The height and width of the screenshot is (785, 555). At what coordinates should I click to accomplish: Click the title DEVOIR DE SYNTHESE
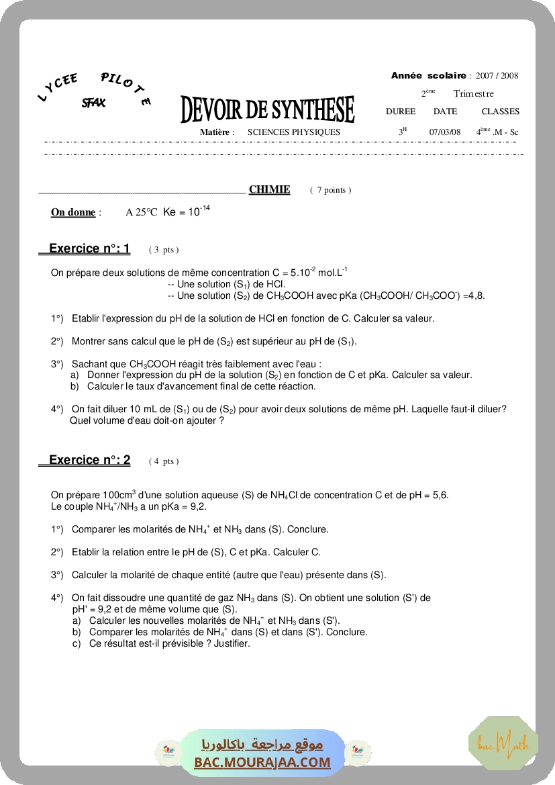click(267, 110)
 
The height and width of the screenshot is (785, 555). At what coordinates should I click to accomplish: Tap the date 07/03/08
click(445, 132)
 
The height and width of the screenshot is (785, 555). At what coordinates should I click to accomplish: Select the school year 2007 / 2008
click(497, 76)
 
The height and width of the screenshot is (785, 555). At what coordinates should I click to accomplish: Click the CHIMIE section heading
click(269, 189)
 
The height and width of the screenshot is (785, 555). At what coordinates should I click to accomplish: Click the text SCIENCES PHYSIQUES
click(293, 132)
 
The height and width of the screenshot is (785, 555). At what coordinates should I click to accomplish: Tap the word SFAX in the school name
click(93, 103)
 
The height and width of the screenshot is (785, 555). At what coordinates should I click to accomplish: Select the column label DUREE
click(401, 111)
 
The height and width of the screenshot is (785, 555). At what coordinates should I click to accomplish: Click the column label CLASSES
click(500, 111)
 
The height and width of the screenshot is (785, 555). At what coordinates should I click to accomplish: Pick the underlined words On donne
click(73, 212)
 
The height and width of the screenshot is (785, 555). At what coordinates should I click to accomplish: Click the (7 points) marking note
click(330, 190)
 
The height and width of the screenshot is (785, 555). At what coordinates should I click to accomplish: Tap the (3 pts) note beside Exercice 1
click(164, 250)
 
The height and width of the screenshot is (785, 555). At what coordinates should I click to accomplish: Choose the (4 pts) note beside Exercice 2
click(164, 461)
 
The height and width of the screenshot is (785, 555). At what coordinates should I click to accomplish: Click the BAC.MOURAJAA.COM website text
click(262, 762)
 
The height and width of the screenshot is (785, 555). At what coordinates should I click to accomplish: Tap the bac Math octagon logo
click(503, 743)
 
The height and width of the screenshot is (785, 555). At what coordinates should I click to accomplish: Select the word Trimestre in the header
click(473, 94)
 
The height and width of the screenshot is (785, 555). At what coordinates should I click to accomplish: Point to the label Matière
click(216, 132)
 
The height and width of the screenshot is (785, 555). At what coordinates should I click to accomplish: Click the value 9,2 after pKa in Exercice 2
click(199, 506)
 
